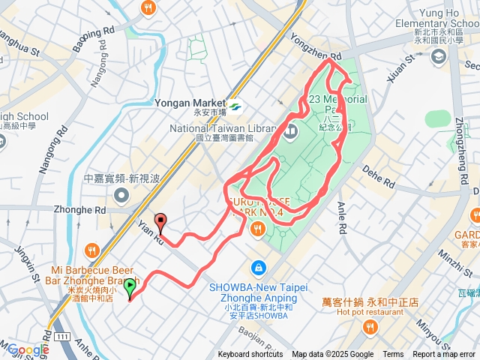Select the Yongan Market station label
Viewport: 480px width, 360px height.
tap(190, 103)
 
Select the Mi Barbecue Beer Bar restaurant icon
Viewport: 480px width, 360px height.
tap(91, 250)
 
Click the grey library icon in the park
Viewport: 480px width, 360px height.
tap(290, 133)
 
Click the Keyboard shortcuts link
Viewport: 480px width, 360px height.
tap(250, 355)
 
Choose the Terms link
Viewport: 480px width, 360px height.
tap(393, 355)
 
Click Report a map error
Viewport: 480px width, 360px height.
tap(444, 355)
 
